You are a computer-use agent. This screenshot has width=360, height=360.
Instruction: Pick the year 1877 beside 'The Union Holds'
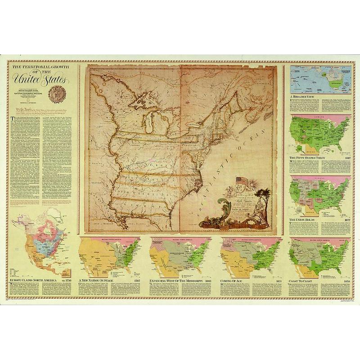[x=344, y=220]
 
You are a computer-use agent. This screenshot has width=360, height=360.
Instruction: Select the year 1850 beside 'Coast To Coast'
[x=344, y=280]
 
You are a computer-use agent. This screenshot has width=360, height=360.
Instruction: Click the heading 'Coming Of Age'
[x=234, y=280]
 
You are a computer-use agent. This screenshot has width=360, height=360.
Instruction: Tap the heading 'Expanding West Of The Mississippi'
[x=175, y=280]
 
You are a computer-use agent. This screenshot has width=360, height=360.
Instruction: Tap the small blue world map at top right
[x=320, y=80]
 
